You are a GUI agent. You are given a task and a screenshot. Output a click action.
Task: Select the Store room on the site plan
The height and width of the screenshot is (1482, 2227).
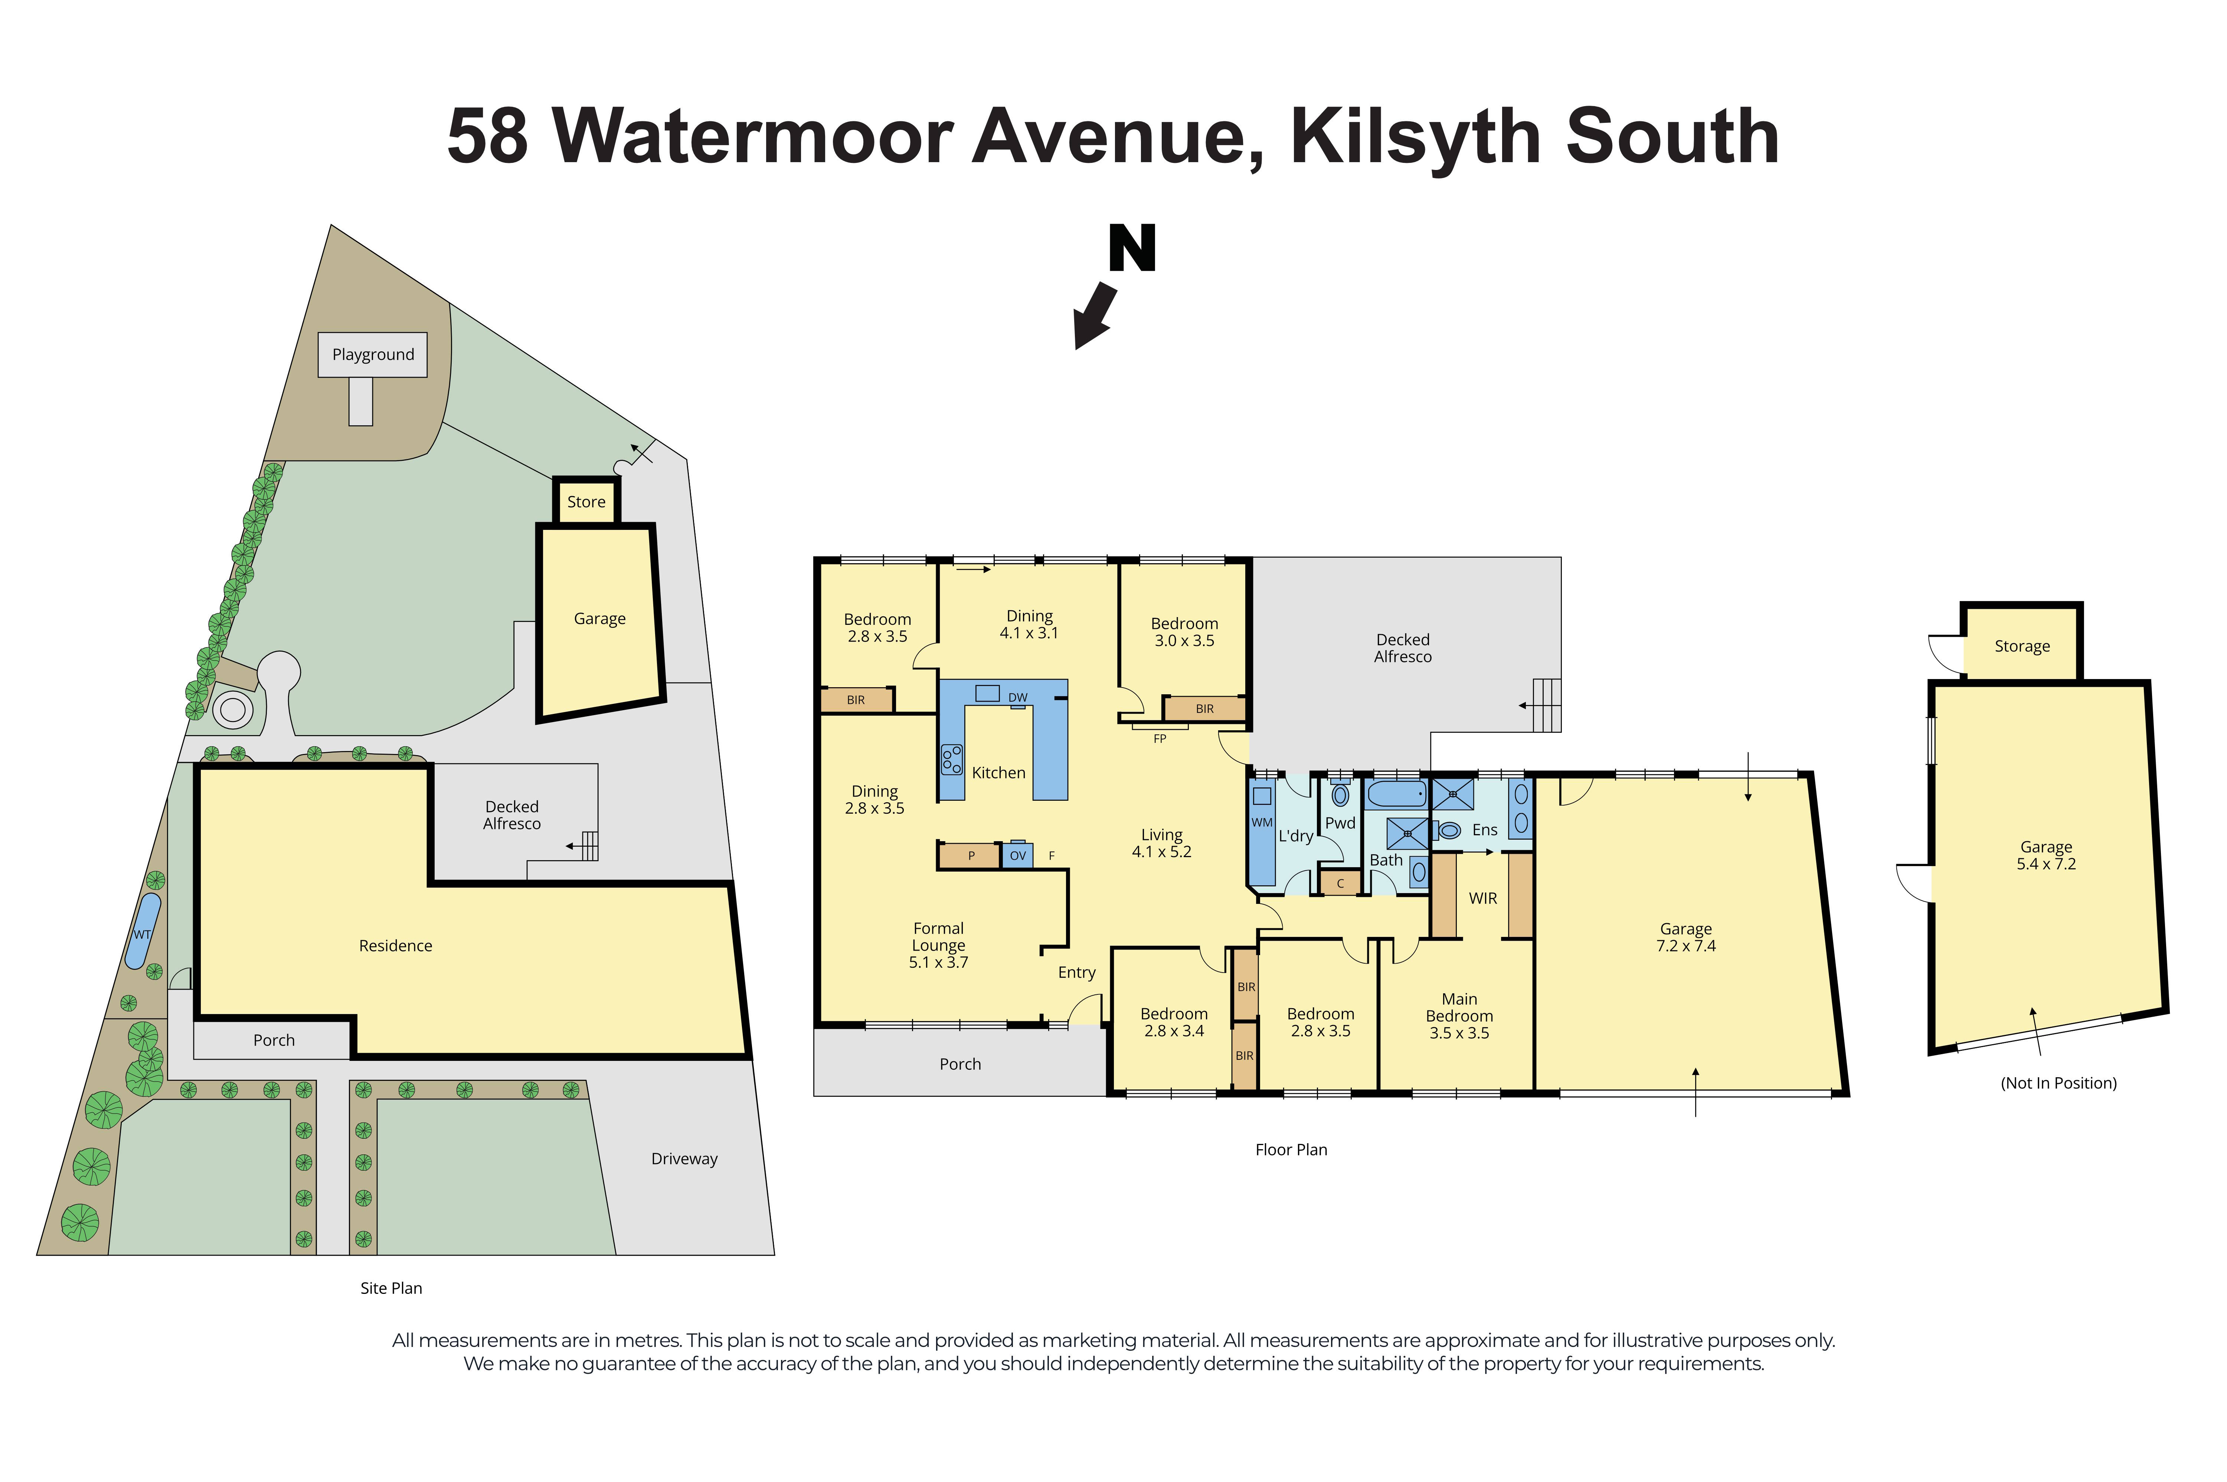(x=586, y=502)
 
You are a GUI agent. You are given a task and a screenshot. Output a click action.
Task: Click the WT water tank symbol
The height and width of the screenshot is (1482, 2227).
(x=143, y=931)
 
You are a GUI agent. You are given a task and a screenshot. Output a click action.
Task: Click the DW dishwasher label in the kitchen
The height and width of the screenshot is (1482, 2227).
(x=1017, y=698)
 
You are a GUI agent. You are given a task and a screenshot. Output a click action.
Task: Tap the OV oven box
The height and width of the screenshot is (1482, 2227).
(x=1017, y=855)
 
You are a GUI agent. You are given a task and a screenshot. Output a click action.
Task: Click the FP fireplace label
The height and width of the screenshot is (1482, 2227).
(x=1160, y=738)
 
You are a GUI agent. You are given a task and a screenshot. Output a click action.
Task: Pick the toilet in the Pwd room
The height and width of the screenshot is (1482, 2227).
(x=1340, y=794)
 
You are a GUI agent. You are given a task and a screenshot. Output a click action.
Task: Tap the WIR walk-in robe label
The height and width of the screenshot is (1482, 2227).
(x=1482, y=898)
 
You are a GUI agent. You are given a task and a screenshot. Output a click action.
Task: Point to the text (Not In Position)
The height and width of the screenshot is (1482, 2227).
(x=2058, y=1083)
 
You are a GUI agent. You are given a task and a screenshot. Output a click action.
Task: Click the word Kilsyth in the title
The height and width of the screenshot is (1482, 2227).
(x=1418, y=137)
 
